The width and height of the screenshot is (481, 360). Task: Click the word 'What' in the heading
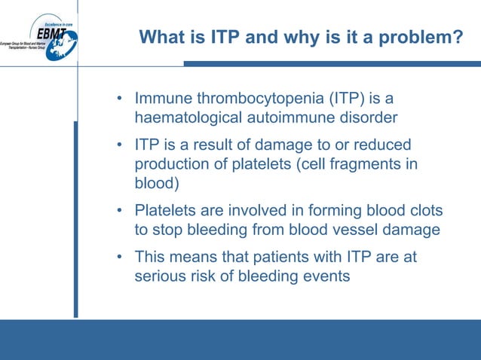(x=162, y=36)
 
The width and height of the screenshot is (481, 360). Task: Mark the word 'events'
(x=326, y=276)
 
